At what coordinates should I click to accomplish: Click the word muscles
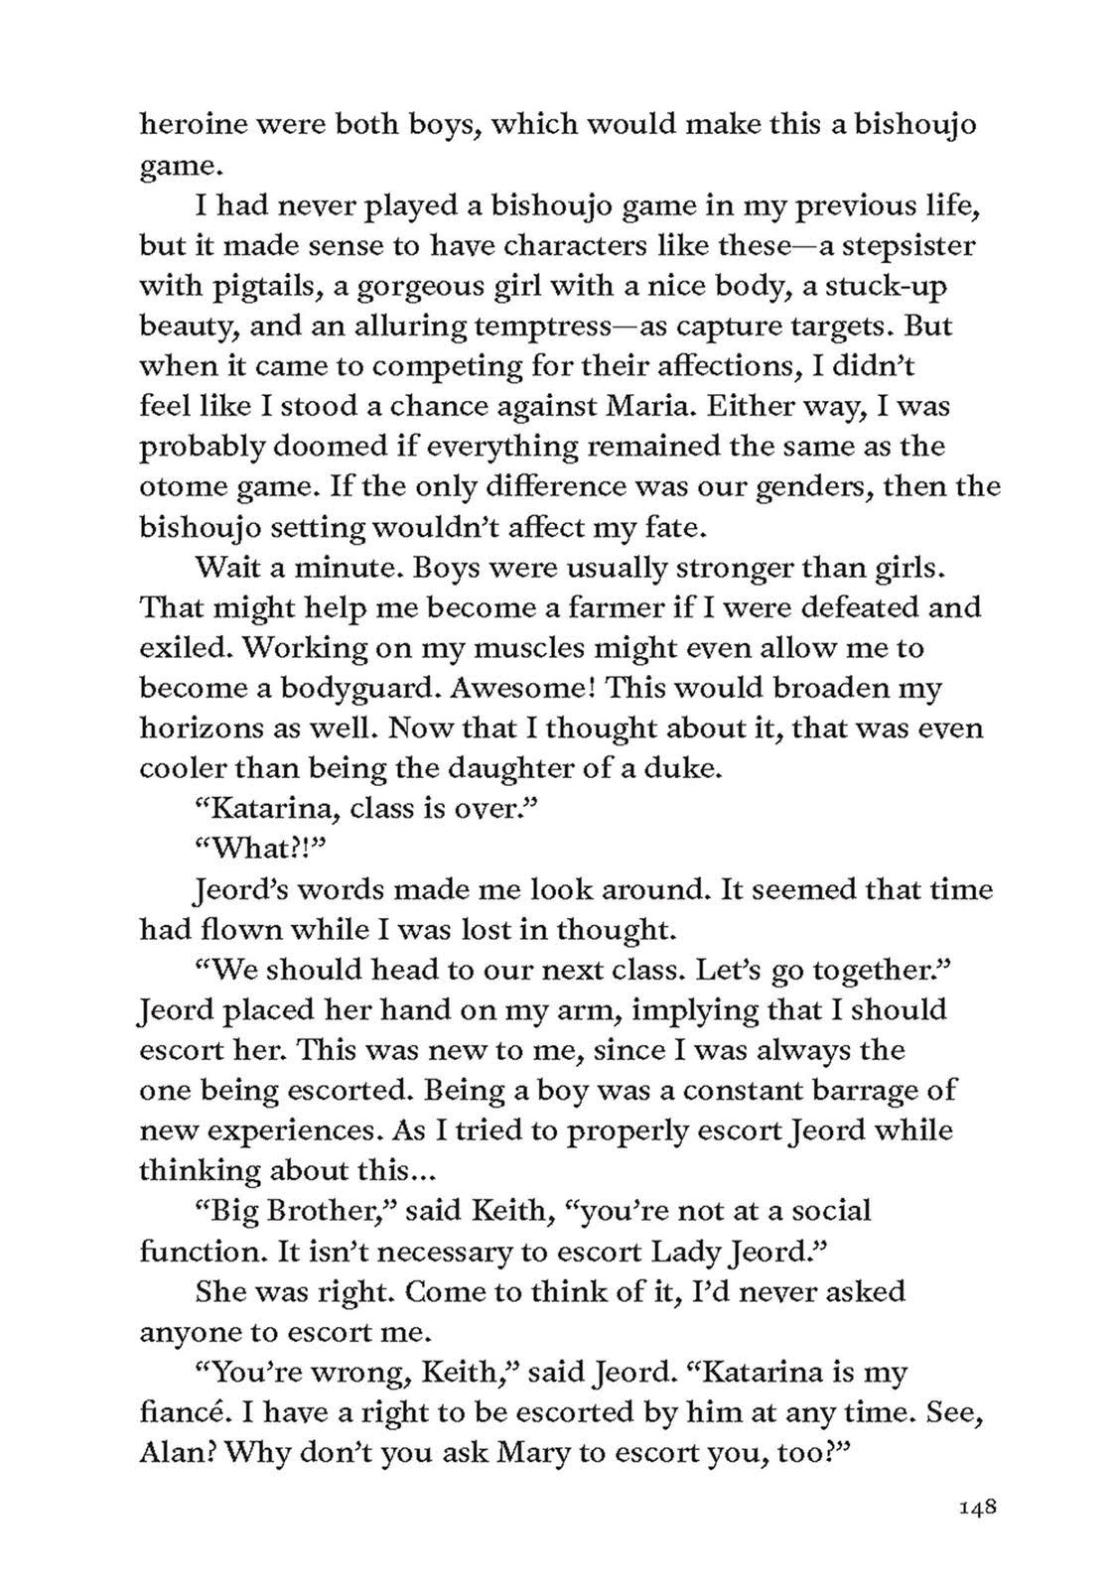[469, 648]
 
